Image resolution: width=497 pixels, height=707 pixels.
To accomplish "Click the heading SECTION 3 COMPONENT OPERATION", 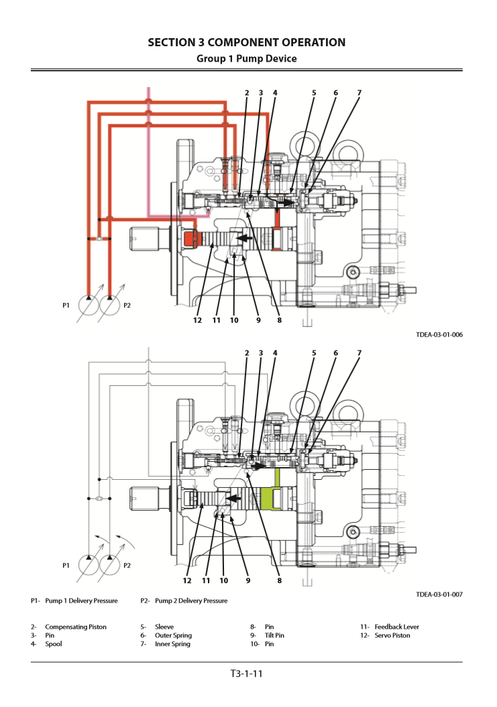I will click(247, 43).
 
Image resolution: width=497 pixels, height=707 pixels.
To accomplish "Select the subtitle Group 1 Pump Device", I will click(247, 59).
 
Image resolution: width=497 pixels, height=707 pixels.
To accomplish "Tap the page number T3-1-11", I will click(246, 673).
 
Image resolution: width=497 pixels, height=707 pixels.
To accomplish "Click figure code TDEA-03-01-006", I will click(439, 334).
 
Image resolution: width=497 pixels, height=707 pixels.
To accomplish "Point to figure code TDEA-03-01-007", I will click(439, 594).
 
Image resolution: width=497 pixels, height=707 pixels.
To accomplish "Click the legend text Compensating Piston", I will click(76, 627).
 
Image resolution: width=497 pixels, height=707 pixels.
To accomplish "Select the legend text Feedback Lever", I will click(397, 627).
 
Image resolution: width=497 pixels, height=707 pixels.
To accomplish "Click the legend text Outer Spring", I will click(173, 635).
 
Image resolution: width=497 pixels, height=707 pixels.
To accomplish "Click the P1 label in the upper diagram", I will click(66, 306).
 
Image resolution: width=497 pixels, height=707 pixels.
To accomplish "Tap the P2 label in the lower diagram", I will click(127, 566).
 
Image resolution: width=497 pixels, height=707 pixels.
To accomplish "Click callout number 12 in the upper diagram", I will click(197, 320).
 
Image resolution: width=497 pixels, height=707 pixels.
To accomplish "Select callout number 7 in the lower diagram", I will click(360, 352).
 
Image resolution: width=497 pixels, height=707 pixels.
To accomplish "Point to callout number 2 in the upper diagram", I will click(247, 92).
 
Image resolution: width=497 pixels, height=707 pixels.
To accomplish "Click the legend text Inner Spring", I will click(172, 644).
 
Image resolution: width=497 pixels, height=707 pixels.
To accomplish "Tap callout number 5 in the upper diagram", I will click(314, 92).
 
